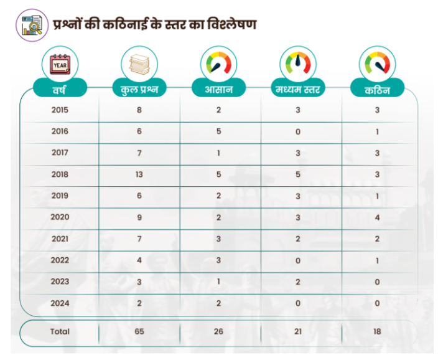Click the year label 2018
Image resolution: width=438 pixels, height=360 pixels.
pos(60,174)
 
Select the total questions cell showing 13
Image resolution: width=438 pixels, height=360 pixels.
pos(139,174)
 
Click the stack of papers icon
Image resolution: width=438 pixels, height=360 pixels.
pos(139,64)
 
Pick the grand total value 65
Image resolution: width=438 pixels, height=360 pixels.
pos(139,331)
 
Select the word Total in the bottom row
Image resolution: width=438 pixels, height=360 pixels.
pos(60,331)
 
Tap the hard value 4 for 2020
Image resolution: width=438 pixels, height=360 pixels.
pos(378,217)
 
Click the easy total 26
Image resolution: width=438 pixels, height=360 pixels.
pos(219,331)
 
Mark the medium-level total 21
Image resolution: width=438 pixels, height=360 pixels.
pos(298,331)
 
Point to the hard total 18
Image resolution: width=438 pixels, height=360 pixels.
pos(378,331)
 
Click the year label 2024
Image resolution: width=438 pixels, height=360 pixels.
pos(60,303)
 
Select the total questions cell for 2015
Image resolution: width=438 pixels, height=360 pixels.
pos(139,110)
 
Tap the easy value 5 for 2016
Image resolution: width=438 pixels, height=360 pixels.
pos(219,131)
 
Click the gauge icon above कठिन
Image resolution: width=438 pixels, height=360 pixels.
pos(378,64)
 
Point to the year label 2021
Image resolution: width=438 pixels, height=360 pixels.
pos(60,239)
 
